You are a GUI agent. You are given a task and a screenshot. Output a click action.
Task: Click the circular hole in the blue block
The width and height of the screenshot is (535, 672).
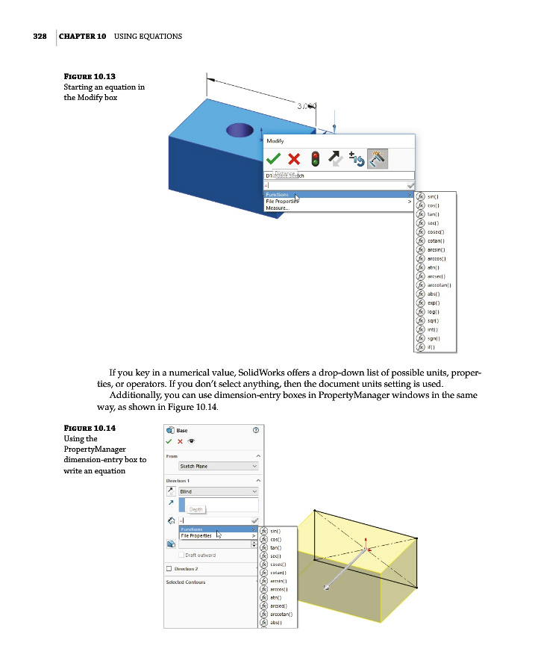(240, 131)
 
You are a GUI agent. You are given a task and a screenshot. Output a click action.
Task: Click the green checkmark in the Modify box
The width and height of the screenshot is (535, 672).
(274, 158)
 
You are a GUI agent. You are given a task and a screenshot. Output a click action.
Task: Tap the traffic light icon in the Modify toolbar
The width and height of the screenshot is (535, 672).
(315, 158)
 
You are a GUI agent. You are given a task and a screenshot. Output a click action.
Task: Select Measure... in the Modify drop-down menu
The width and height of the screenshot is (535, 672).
(278, 208)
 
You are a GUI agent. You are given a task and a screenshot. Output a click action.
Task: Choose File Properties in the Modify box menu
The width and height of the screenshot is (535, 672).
(282, 202)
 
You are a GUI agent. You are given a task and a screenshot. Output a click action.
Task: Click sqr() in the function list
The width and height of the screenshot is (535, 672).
(434, 320)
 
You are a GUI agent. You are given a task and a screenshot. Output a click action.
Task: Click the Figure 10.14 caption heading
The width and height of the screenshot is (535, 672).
(90, 429)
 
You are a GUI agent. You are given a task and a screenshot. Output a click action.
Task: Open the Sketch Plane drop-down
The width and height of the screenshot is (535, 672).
(218, 466)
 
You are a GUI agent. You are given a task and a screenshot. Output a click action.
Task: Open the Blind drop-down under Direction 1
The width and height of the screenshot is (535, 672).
(218, 491)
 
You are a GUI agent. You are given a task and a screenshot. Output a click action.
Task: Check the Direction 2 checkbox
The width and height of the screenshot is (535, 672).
(169, 568)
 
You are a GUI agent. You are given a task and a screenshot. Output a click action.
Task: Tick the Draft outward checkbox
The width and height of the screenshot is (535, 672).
(181, 555)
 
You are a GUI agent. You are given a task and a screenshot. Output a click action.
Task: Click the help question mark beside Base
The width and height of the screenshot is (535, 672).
(257, 430)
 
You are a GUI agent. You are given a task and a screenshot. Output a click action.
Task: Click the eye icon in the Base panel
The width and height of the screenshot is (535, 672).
(191, 441)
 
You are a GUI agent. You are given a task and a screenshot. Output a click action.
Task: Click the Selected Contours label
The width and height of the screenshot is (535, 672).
(186, 582)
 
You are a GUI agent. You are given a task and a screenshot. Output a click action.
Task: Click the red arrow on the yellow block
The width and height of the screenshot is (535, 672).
(366, 544)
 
